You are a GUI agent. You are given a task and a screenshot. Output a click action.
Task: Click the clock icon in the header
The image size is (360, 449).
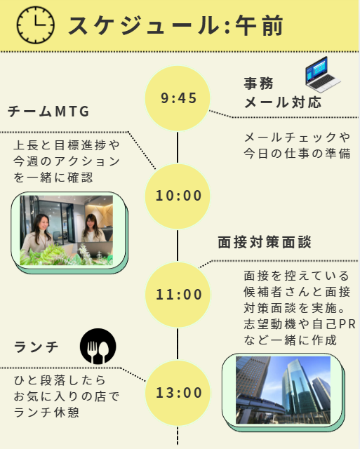point(35,25)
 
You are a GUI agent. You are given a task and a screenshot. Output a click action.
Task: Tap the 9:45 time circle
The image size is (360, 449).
point(178,98)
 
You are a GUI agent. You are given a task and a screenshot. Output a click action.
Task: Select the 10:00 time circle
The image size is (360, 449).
point(178,196)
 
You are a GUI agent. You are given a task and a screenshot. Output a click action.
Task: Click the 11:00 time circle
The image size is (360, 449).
point(178,295)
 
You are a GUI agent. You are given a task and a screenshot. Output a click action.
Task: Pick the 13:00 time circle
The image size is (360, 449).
point(178,393)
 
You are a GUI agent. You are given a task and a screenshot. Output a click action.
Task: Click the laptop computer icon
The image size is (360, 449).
point(323,74)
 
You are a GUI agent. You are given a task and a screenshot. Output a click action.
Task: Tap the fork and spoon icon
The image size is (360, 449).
point(98,346)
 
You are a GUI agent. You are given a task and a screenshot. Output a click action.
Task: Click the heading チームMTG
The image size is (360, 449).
point(48,112)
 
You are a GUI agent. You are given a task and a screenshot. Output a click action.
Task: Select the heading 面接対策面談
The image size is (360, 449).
point(265,242)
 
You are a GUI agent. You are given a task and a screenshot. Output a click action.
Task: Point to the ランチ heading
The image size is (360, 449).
point(36,347)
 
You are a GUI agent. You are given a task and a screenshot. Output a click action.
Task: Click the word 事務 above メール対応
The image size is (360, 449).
point(259,83)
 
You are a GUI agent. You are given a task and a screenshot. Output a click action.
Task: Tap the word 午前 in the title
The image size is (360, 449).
point(259,25)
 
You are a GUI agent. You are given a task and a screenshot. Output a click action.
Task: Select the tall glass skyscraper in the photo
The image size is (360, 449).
point(298,384)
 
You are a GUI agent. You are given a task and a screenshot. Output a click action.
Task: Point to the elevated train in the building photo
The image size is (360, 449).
point(260,403)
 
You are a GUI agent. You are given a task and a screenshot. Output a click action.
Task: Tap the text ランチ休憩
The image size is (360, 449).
point(46,413)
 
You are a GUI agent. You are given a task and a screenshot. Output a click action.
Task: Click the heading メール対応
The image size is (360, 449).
point(283,102)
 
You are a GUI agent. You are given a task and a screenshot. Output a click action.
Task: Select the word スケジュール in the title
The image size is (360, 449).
point(144,25)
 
